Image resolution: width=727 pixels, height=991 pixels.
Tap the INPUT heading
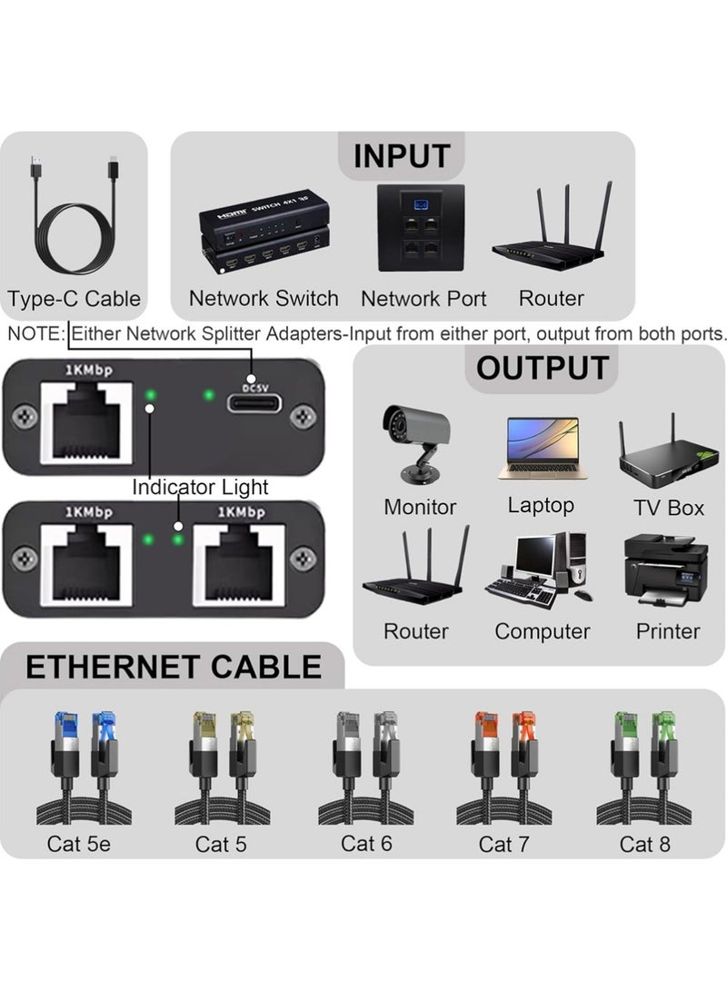click(x=401, y=155)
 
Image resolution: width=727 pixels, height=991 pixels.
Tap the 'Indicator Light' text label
click(x=200, y=487)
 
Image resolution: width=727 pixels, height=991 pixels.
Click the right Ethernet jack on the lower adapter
click(x=242, y=562)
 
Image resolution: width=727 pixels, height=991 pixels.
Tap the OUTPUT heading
click(x=542, y=369)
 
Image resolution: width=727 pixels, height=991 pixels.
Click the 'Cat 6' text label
click(x=366, y=843)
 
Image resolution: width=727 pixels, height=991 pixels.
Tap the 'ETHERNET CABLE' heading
click(x=174, y=667)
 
